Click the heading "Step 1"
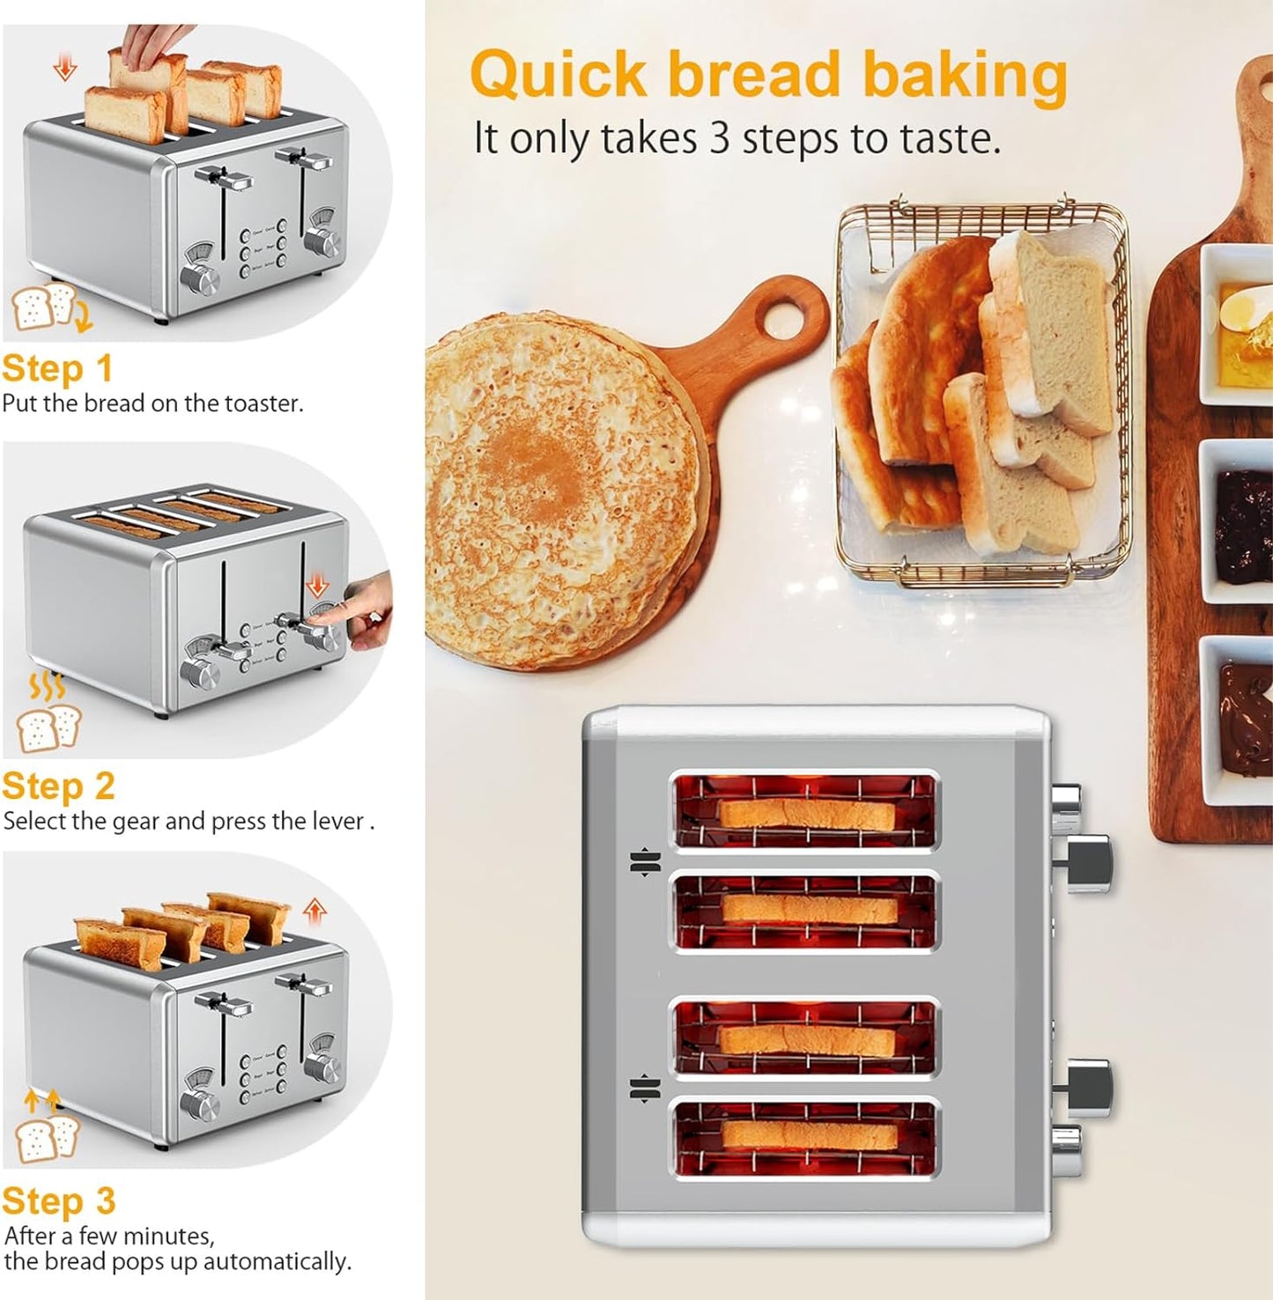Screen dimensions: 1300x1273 tap(57, 369)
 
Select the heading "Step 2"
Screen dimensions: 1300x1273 tap(58, 787)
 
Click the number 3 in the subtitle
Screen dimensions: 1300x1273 tap(720, 138)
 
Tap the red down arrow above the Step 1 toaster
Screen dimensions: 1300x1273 tap(65, 67)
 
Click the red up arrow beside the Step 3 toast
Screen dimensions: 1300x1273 tap(315, 911)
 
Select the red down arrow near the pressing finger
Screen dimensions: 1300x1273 tap(316, 584)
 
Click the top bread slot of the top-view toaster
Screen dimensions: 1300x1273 tap(806, 812)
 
